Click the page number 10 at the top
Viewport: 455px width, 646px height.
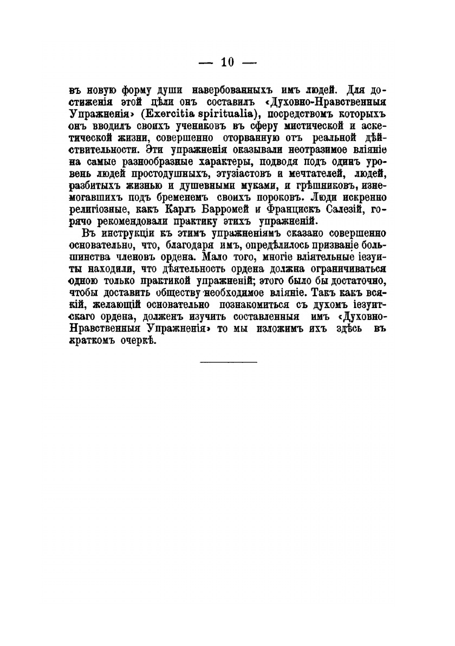(x=227, y=63)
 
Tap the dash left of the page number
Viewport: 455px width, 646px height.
(x=206, y=63)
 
